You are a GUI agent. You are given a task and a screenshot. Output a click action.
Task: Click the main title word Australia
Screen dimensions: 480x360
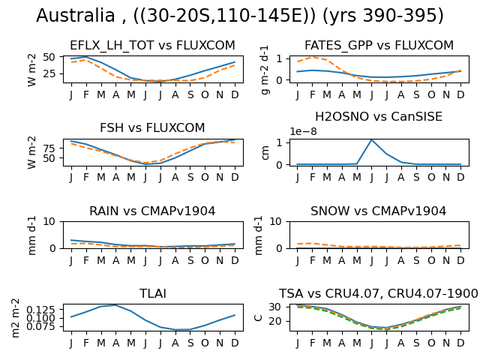(x=75, y=15)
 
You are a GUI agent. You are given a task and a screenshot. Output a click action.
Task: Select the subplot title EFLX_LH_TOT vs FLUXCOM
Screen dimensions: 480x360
(x=152, y=45)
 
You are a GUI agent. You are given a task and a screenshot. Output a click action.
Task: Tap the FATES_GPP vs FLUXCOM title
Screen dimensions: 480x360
(x=379, y=45)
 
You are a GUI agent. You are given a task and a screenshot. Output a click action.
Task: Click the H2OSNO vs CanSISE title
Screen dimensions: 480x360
(x=379, y=117)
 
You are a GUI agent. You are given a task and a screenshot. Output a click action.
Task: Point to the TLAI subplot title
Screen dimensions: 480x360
(x=153, y=293)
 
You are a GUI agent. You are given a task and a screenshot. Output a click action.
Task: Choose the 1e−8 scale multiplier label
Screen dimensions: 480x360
(x=303, y=132)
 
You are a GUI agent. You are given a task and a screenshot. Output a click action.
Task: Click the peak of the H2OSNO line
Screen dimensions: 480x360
(x=372, y=140)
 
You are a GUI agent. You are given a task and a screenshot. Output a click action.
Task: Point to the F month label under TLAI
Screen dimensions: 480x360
(x=86, y=343)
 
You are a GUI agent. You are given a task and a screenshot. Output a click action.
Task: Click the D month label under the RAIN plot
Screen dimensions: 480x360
(x=235, y=260)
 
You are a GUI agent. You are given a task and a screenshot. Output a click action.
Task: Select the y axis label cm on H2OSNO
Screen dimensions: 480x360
(x=265, y=153)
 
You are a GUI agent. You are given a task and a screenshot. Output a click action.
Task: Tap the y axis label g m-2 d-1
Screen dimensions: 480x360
(x=265, y=70)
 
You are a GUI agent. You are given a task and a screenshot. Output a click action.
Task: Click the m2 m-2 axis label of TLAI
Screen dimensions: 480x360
(x=15, y=318)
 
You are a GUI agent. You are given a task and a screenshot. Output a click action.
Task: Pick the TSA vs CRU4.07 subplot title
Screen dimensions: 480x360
(x=378, y=293)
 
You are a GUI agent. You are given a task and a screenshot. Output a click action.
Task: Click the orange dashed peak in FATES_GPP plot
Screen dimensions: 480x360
(x=312, y=57)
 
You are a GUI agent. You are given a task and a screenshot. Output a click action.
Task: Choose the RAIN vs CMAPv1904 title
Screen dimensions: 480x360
(x=152, y=211)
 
